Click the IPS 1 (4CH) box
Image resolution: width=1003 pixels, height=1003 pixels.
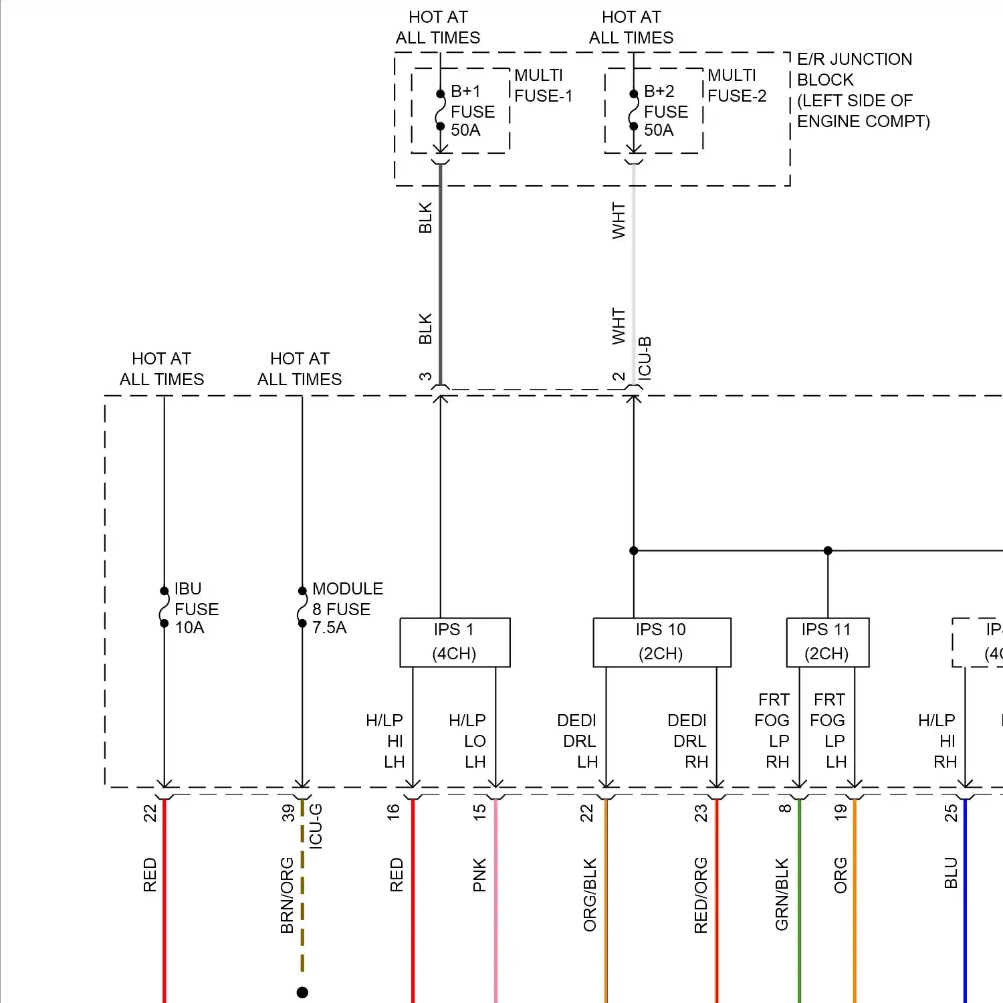[x=455, y=642]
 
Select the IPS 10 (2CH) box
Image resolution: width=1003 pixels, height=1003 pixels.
[x=661, y=642]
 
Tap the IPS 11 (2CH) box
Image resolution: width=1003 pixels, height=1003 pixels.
[x=827, y=642]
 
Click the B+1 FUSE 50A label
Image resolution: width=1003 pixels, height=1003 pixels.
[x=473, y=111]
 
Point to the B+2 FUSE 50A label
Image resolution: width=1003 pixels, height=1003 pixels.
[x=666, y=111]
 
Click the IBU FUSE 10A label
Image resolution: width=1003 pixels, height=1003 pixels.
[x=197, y=608]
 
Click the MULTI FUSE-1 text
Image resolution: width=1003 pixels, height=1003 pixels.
[x=543, y=86]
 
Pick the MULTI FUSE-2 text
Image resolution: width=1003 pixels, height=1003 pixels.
[x=736, y=86]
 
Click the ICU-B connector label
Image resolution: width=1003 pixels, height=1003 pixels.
[x=645, y=358]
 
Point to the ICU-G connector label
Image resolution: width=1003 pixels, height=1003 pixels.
[x=316, y=826]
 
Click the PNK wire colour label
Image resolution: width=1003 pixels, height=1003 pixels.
[x=479, y=875]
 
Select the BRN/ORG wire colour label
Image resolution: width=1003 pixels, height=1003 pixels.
[x=288, y=895]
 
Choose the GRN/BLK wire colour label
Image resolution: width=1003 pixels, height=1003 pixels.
[x=782, y=894]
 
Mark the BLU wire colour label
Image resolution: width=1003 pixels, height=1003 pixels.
[x=951, y=873]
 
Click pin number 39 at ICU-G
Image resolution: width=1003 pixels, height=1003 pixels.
[x=288, y=812]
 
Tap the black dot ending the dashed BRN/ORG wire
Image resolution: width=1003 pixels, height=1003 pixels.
[x=302, y=992]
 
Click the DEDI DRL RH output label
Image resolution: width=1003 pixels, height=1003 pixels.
[x=687, y=741]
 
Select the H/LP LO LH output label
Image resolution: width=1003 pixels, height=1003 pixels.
[x=467, y=741]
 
